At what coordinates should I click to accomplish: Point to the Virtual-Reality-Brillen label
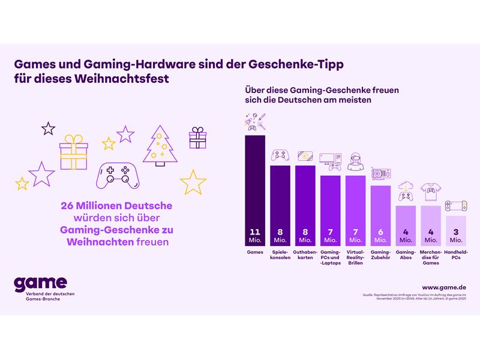point(355,259)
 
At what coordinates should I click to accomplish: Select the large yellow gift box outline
point(74,154)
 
